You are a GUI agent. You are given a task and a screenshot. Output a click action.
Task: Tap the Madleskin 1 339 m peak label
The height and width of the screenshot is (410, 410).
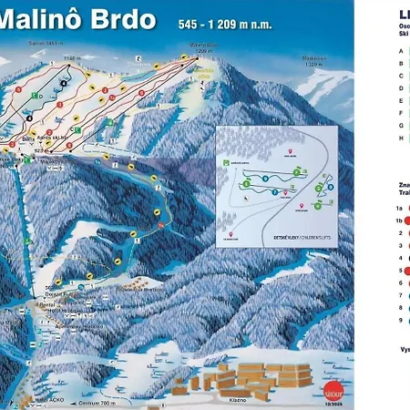pyautogui.click(x=313, y=61)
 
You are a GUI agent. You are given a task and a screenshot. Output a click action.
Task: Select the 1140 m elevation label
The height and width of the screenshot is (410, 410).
pyautogui.click(x=63, y=56)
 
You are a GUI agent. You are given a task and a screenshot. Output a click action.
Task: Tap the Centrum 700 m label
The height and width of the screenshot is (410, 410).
pyautogui.click(x=96, y=402)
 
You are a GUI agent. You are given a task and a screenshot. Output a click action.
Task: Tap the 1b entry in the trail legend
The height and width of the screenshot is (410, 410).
pyautogui.click(x=400, y=220)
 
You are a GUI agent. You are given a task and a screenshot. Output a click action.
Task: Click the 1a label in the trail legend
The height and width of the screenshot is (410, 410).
pyautogui.click(x=400, y=207)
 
